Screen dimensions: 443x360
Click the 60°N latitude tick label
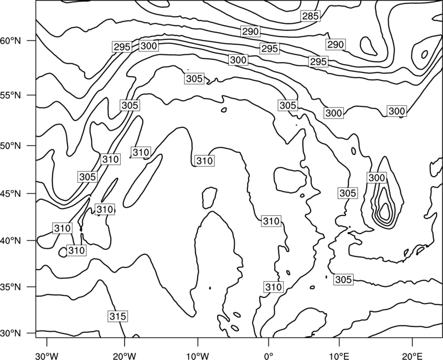(x=11, y=41)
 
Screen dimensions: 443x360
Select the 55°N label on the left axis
(x=11, y=95)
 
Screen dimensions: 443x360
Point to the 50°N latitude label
(x=11, y=146)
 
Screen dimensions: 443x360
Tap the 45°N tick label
(x=11, y=193)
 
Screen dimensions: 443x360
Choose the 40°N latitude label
(x=11, y=241)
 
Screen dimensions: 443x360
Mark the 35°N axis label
(x=11, y=287)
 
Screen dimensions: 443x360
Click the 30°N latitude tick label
(x=11, y=333)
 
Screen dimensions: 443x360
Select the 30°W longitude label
(x=47, y=356)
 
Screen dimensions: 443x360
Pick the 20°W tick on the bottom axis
(x=125, y=356)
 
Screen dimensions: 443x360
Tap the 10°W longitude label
(x=198, y=356)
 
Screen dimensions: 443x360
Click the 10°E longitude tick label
(x=339, y=356)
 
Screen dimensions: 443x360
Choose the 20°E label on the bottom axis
(x=412, y=356)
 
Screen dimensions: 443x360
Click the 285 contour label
(x=311, y=16)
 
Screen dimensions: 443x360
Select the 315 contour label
(x=118, y=316)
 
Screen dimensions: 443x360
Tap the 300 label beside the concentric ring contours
(x=377, y=178)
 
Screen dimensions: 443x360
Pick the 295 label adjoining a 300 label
(x=122, y=47)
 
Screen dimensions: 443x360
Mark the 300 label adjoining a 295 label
(x=148, y=46)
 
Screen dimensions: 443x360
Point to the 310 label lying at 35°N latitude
(x=274, y=287)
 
